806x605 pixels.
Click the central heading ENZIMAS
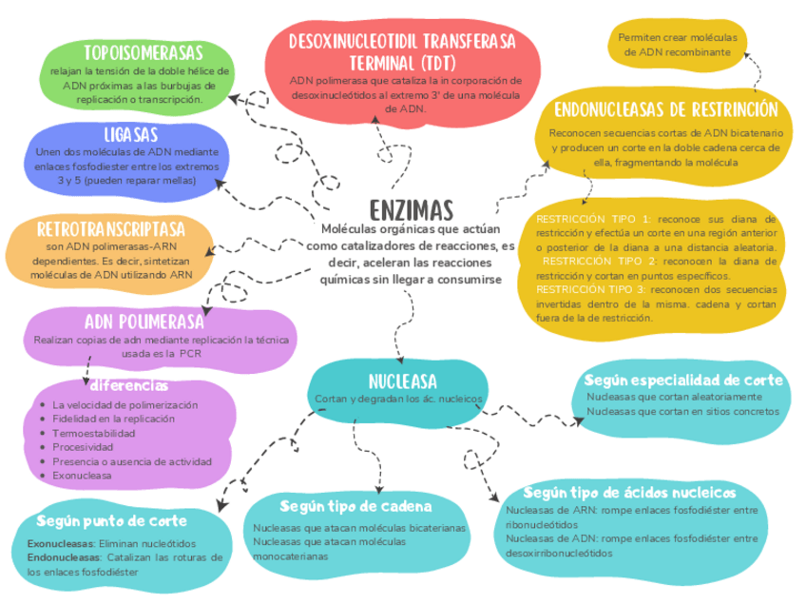click(x=411, y=209)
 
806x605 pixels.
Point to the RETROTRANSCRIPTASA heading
click(x=110, y=229)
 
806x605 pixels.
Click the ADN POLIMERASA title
click(x=144, y=321)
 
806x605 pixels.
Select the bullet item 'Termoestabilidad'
click(x=94, y=433)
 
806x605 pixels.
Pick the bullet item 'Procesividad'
click(x=84, y=446)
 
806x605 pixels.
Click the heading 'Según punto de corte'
click(x=112, y=521)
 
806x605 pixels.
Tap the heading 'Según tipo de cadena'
click(x=356, y=505)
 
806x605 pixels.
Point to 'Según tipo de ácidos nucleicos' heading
click(x=629, y=493)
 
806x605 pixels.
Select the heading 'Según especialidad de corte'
click(x=684, y=381)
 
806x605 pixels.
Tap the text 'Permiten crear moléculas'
click(x=677, y=37)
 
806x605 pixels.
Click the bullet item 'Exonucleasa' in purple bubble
click(x=82, y=474)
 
